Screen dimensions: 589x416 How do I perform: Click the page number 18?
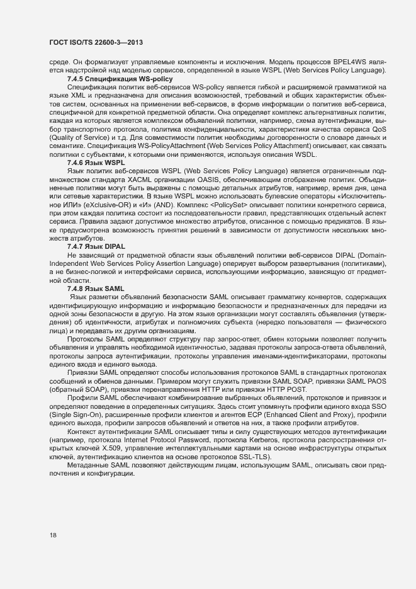53,535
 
